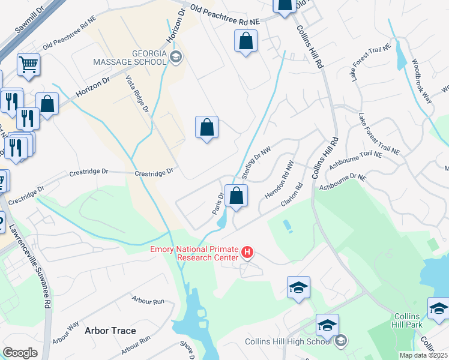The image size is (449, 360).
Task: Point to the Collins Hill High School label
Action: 288,341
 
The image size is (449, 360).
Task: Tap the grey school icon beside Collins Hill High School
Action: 341,341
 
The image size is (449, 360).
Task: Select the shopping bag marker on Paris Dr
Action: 237,196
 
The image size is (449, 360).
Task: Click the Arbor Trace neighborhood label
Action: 110,331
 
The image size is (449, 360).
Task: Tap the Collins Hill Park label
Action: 411,320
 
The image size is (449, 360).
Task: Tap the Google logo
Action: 20,353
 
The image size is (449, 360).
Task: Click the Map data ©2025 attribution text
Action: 423,355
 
